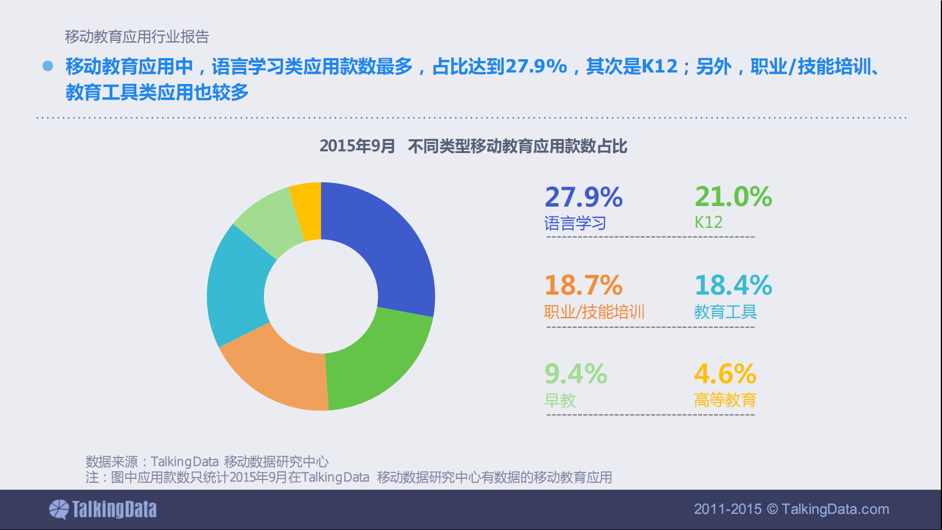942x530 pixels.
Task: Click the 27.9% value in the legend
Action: tap(583, 197)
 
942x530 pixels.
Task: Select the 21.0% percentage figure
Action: tap(733, 197)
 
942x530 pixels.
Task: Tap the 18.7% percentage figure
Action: tap(583, 285)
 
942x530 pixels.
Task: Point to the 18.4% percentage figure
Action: tap(733, 285)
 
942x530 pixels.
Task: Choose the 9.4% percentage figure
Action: tap(575, 374)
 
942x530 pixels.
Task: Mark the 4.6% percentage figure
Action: tap(725, 374)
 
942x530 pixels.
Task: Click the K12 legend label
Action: tap(708, 223)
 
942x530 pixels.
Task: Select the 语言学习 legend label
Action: tap(575, 223)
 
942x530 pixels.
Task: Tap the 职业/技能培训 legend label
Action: tap(594, 312)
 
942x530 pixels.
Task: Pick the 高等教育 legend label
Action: tap(725, 400)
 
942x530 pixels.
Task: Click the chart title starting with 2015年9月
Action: tap(473, 146)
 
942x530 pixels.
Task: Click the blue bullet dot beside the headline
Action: tap(48, 66)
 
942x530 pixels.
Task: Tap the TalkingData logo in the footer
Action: tap(103, 509)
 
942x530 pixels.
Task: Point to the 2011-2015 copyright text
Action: tap(791, 509)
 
